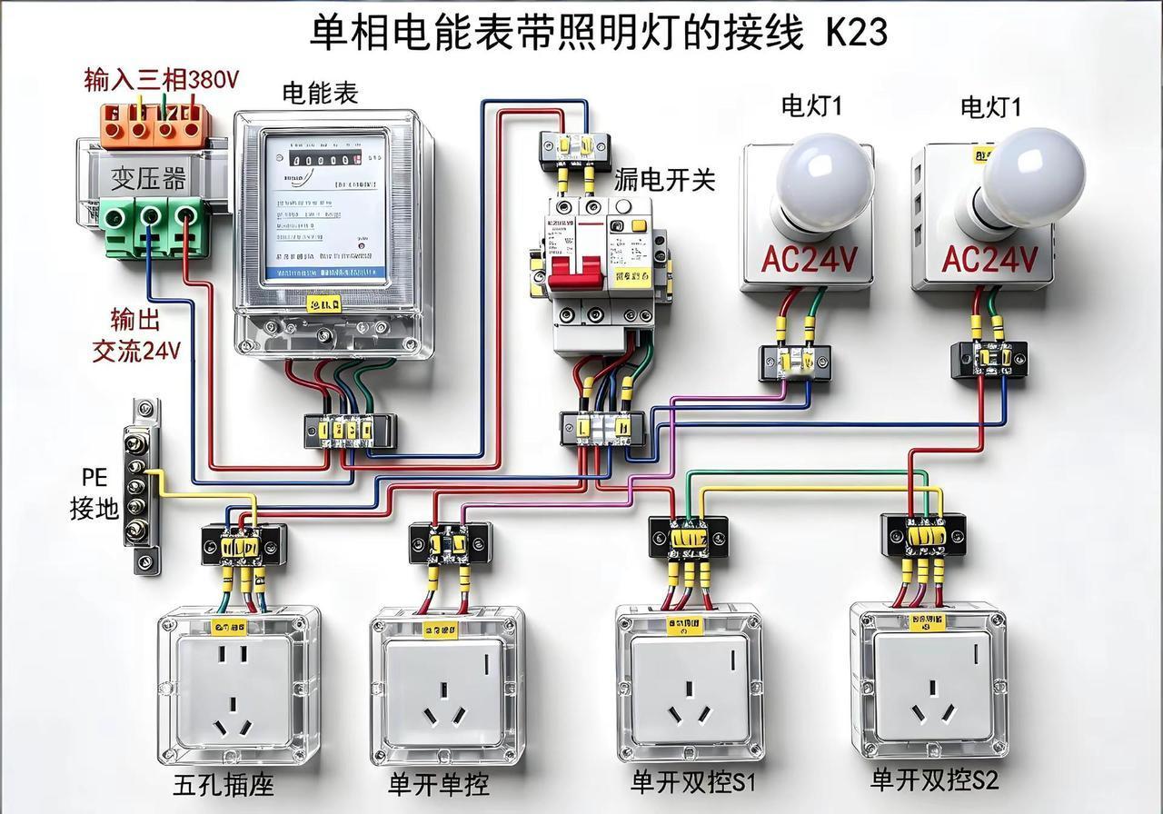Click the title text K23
pos(856,34)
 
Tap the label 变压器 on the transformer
pos(149,178)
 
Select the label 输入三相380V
pos(162,80)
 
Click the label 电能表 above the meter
pos(320,93)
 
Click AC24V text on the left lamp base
pos(809,260)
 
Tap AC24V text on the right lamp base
pos(989,260)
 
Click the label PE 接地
pos(94,493)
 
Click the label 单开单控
pos(439,784)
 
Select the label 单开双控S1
pos(693,782)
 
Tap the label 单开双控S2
pos(935,779)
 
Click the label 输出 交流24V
pos(136,334)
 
